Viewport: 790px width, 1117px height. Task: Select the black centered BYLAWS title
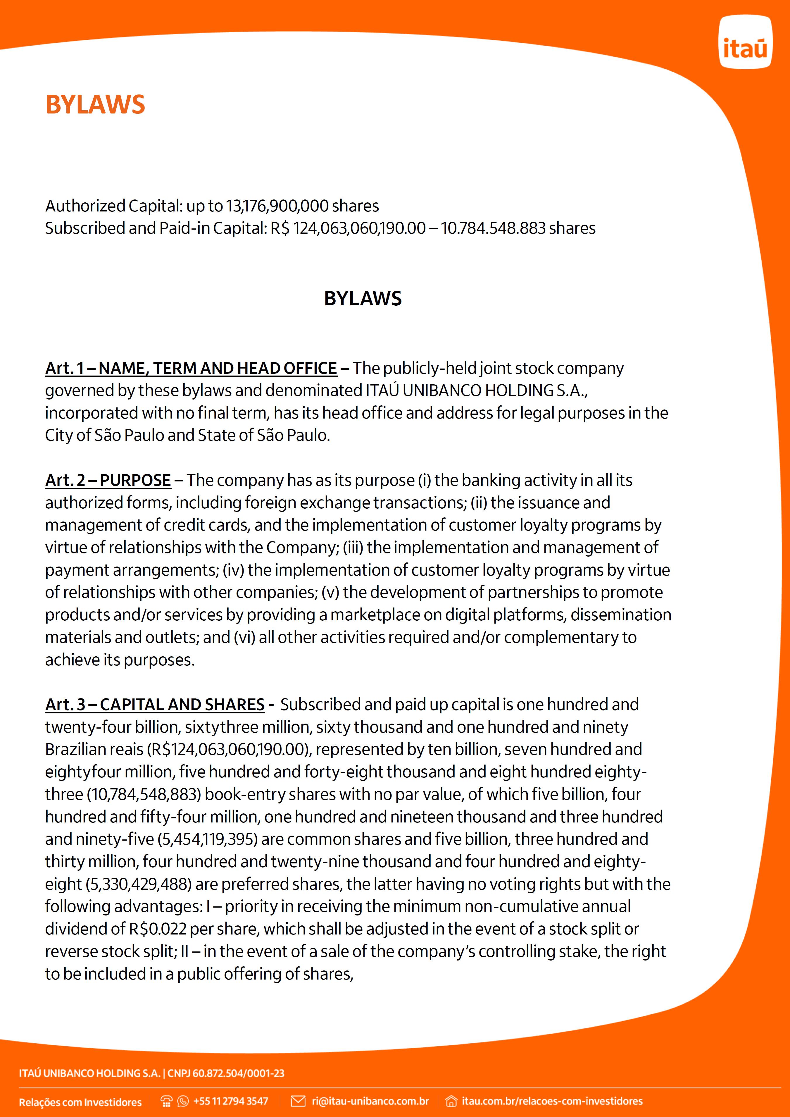(x=363, y=298)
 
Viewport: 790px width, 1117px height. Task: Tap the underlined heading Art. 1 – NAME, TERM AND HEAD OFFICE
(x=191, y=368)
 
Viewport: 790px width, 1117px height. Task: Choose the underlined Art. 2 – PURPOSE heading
(x=108, y=480)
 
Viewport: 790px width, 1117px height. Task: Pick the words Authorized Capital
(x=113, y=206)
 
